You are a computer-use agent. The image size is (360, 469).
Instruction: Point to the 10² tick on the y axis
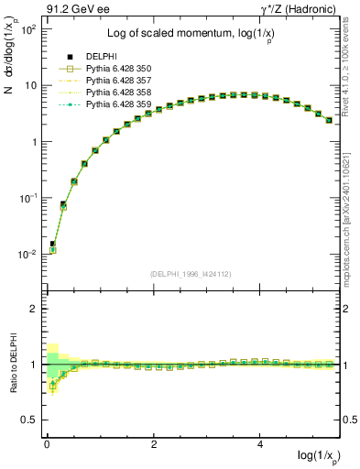point(29,29)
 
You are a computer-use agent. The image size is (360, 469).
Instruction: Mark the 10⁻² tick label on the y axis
point(27,255)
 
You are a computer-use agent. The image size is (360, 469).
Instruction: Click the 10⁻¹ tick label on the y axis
point(27,198)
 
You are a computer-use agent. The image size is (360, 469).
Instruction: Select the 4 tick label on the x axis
point(261,443)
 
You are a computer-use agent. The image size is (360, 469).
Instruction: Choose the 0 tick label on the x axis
point(47,443)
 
